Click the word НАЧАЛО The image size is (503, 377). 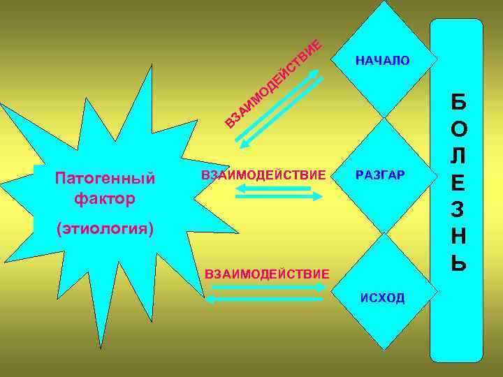click(x=383, y=61)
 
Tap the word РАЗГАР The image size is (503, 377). click(x=380, y=175)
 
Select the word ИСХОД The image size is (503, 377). click(x=382, y=298)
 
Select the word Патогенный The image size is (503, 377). click(x=105, y=178)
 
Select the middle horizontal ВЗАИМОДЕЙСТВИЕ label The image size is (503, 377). click(x=263, y=175)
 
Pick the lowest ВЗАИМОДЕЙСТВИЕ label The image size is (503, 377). click(x=266, y=272)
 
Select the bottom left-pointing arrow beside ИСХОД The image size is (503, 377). click(x=265, y=299)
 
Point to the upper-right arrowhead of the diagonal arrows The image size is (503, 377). click(x=314, y=72)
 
